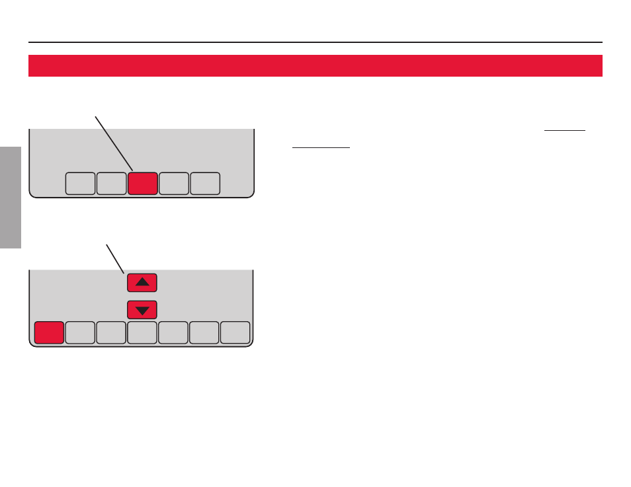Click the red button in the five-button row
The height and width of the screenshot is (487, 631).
(x=143, y=184)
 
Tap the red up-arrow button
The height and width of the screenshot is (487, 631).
(x=142, y=282)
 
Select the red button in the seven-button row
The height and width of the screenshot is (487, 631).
(x=49, y=332)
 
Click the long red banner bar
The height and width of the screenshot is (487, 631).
(x=315, y=65)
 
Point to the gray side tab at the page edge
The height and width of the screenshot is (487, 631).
(x=11, y=198)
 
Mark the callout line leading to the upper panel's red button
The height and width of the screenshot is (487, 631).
(x=114, y=143)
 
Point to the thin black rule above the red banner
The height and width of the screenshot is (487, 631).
(x=315, y=42)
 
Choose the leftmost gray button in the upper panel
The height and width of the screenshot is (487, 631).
(x=80, y=184)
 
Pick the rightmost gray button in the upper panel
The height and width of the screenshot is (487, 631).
(x=205, y=184)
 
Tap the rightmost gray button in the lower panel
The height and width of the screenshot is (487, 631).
(x=235, y=332)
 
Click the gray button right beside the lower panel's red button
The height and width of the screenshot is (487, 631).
(x=80, y=332)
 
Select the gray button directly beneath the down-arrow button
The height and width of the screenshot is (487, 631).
(x=142, y=332)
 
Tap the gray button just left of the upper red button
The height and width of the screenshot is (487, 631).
(x=111, y=184)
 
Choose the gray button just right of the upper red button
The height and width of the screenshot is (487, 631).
(x=174, y=184)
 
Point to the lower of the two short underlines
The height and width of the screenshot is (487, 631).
(x=321, y=148)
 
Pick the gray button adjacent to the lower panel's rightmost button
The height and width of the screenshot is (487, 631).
(x=204, y=332)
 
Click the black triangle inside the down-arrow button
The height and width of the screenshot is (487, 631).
(x=142, y=310)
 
